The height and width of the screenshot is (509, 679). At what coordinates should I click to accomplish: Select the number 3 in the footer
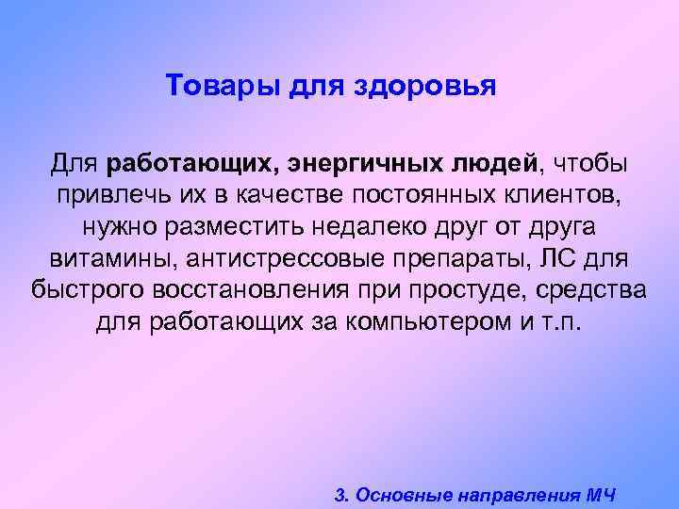point(340,494)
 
